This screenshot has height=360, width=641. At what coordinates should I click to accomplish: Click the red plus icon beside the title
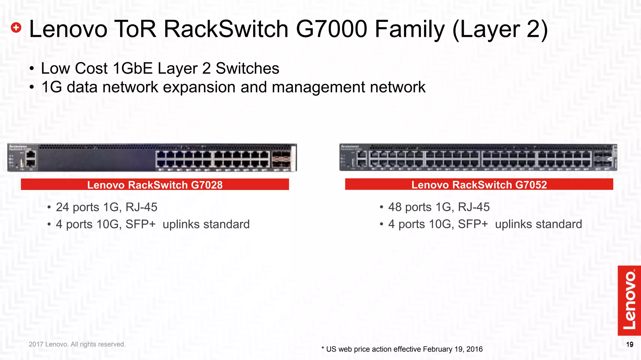point(16,28)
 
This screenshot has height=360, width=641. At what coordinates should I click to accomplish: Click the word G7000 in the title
point(331,29)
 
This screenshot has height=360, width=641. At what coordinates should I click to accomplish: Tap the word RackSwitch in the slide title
point(226,29)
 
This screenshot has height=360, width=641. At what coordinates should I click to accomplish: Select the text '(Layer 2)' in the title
point(500,30)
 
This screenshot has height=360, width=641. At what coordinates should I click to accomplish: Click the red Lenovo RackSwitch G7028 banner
point(155,184)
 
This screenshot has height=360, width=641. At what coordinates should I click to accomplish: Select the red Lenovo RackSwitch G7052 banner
point(479,184)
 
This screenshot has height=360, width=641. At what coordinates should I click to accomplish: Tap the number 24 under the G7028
point(62,207)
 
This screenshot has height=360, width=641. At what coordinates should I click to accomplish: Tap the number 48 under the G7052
point(395,207)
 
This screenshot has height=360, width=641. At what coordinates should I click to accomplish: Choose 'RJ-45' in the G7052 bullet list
point(474,207)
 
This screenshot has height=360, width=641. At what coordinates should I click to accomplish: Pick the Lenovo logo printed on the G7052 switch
point(350,146)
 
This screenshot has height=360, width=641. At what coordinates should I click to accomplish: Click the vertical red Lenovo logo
point(629,300)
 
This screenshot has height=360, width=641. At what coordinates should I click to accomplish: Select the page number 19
point(630,344)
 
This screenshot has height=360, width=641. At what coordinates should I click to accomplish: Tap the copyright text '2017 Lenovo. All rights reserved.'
point(77,344)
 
